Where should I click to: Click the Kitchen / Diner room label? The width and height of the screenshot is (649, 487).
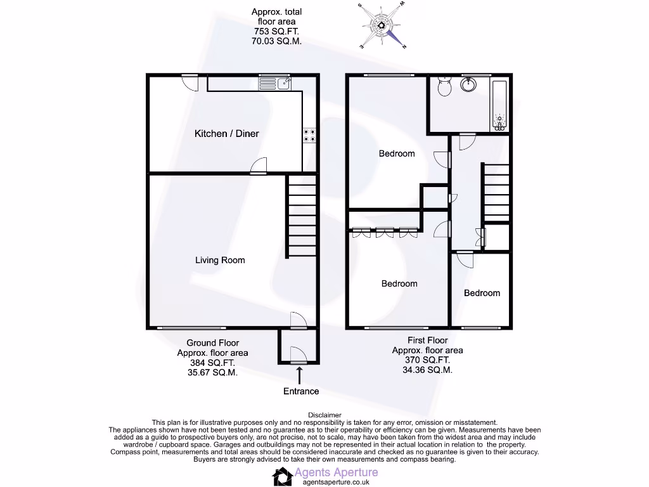click(226, 133)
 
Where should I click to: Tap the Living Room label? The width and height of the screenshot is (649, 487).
click(220, 260)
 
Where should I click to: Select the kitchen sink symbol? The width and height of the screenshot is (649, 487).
click(275, 82)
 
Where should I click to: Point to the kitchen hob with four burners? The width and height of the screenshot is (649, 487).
click(310, 135)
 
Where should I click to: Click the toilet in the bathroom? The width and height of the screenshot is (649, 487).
click(443, 88)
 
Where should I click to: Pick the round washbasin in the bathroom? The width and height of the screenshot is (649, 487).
click(470, 84)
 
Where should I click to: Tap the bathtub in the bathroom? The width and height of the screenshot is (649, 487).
click(500, 105)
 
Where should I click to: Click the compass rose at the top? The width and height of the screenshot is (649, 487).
click(382, 25)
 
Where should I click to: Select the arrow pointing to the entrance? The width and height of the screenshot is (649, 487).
click(299, 374)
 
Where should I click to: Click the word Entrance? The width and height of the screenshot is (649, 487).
click(301, 391)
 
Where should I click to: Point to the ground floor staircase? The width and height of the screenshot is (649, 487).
click(302, 216)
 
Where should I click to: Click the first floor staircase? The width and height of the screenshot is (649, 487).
click(496, 193)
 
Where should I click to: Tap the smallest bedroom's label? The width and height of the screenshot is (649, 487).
click(482, 293)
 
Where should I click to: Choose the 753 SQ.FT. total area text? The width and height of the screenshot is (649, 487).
click(276, 31)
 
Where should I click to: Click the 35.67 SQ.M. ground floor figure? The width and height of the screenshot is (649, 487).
click(213, 373)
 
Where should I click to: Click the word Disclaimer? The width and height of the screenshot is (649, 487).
click(324, 415)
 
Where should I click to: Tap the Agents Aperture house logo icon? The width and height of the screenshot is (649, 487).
click(282, 476)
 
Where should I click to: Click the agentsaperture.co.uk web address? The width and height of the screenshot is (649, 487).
click(337, 482)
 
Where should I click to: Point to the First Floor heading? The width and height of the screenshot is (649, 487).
click(427, 341)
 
